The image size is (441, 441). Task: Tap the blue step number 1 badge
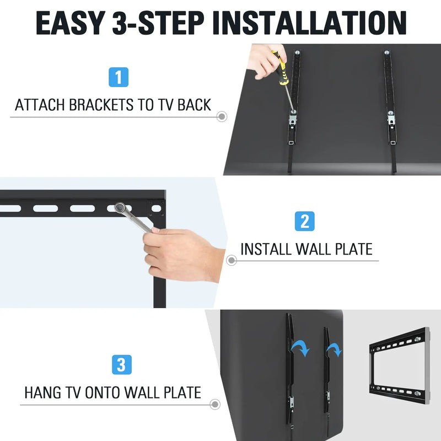(x=118, y=77)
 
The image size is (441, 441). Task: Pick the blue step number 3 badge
(x=121, y=364)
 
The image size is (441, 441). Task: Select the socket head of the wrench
(x=120, y=208)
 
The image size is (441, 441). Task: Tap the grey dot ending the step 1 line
(x=222, y=117)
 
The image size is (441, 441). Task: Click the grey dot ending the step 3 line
(x=214, y=405)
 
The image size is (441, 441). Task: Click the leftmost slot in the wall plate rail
(x=10, y=208)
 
